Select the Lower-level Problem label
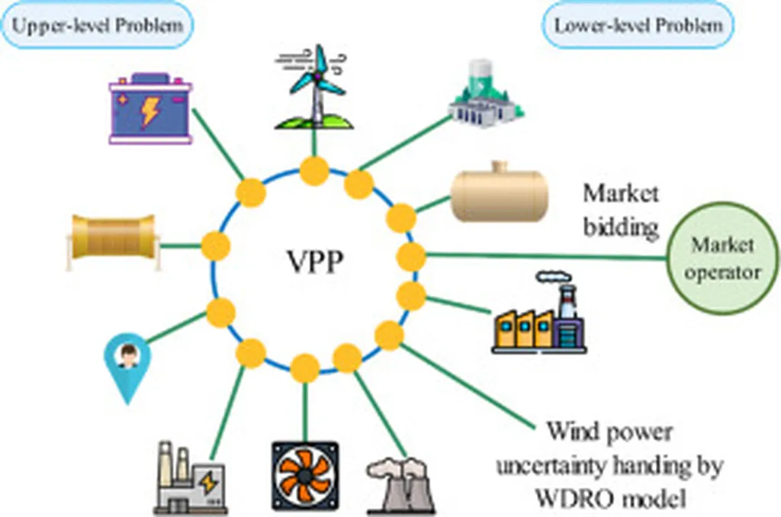pyautogui.click(x=638, y=25)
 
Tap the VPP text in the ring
pyautogui.click(x=313, y=263)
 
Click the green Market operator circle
pyautogui.click(x=722, y=258)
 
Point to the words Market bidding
pyautogui.click(x=621, y=210)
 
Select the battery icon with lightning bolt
pyautogui.click(x=150, y=108)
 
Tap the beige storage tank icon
pyautogui.click(x=499, y=194)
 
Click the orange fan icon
pyautogui.click(x=304, y=476)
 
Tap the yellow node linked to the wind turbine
pyautogui.click(x=313, y=171)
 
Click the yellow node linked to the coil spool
pyautogui.click(x=216, y=246)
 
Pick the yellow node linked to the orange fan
pyautogui.click(x=305, y=368)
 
